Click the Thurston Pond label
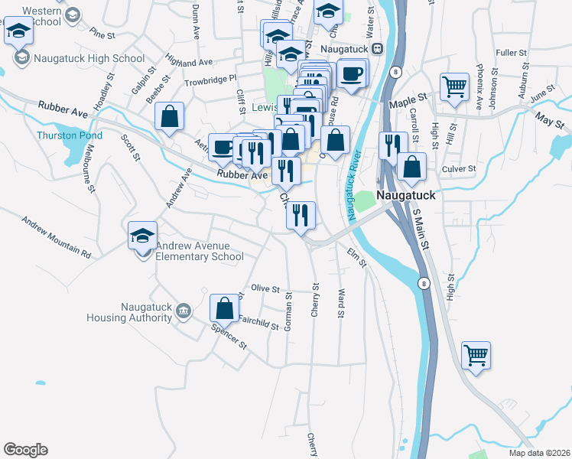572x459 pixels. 69,135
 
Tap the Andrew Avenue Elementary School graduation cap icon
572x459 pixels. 142,236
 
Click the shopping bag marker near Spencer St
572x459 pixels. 224,308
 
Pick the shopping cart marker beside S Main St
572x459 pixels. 476,354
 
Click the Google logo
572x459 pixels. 25,450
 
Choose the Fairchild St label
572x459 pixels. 258,323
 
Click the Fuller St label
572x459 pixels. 512,53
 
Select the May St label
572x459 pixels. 549,120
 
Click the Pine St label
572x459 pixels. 102,34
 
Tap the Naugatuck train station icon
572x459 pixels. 376,49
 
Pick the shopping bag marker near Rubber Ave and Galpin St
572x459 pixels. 170,117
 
